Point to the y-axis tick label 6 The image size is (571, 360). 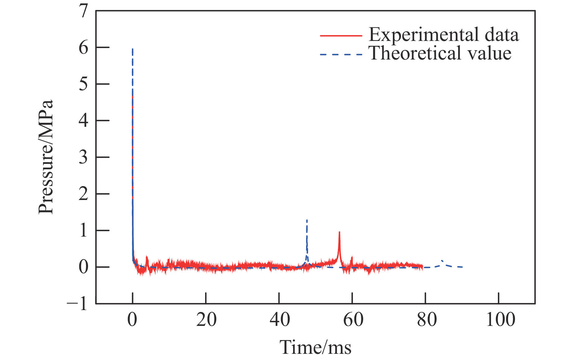[x=83, y=48]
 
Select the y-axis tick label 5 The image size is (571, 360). [x=83, y=84]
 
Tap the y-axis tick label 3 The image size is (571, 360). [x=83, y=158]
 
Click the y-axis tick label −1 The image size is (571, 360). [x=77, y=304]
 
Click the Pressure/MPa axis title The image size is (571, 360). [x=46, y=157]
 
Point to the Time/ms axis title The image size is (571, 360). [x=315, y=347]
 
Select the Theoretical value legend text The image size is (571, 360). [x=440, y=53]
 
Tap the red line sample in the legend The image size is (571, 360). [x=341, y=36]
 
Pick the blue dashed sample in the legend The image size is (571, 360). [x=341, y=55]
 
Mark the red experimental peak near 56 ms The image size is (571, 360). [x=339, y=233]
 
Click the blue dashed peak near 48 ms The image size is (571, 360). [x=307, y=221]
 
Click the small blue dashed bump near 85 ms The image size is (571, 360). [x=442, y=261]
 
